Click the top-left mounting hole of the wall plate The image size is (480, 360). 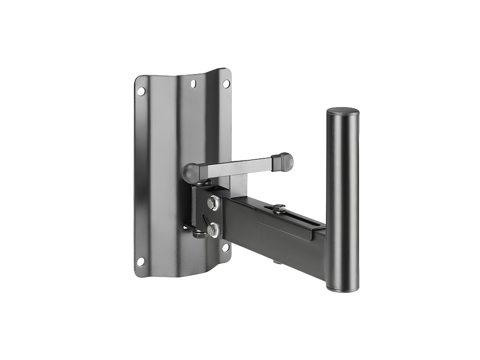point(141,91)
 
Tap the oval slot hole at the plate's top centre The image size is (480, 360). point(193,84)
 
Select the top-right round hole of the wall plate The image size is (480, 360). point(226,84)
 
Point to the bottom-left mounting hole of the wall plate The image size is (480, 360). point(140,262)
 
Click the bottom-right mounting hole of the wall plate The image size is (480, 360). point(225,248)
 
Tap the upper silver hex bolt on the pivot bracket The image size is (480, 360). point(213,203)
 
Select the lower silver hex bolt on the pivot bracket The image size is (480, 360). point(213,231)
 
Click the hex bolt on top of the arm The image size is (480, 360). point(279,208)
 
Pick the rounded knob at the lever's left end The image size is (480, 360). point(192,172)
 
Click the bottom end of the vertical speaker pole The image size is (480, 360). point(342,287)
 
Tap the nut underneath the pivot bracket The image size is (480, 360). point(199,234)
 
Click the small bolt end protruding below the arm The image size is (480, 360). point(277,262)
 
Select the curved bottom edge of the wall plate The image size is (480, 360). point(185,274)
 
